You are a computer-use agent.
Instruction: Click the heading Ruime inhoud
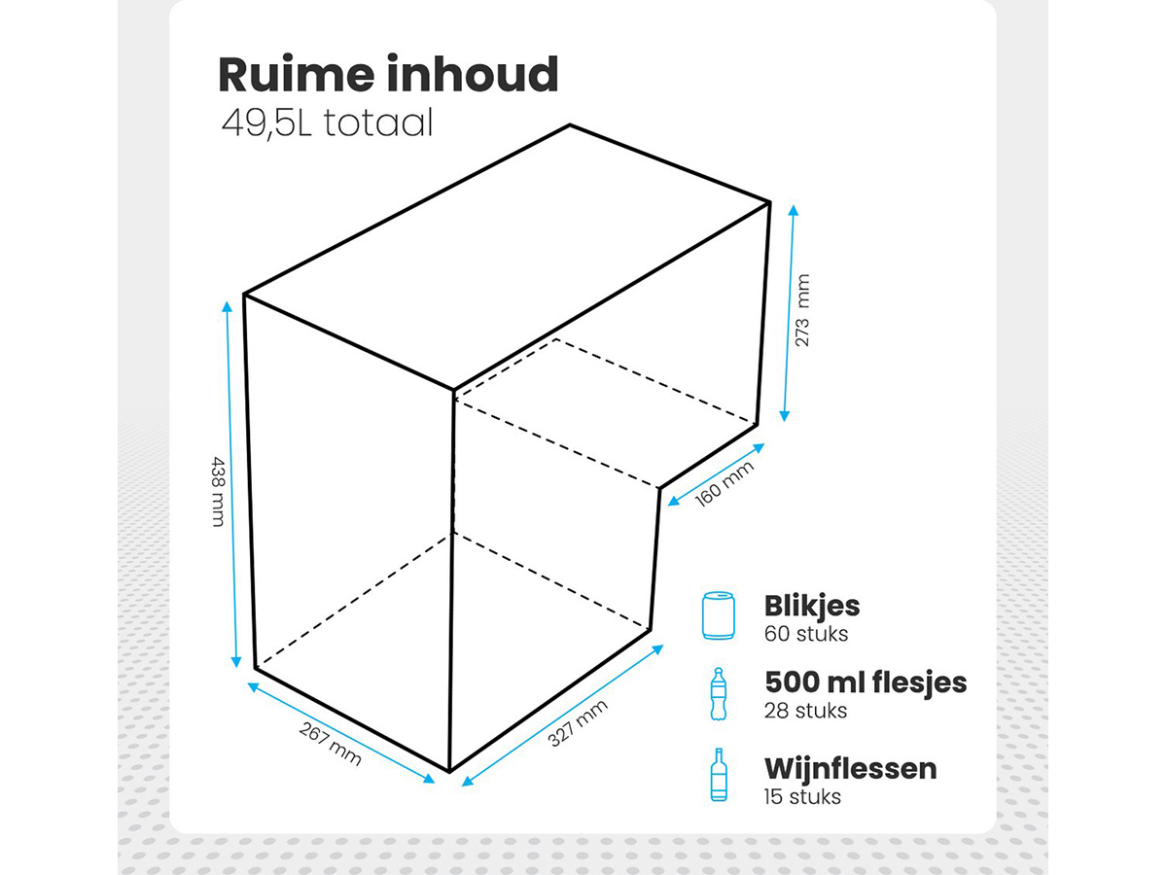tap(388, 75)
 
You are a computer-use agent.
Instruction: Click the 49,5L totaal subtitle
tap(327, 123)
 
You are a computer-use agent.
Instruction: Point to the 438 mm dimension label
tap(219, 491)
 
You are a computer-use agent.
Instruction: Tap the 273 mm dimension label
tap(801, 310)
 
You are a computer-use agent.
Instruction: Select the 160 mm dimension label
tap(725, 483)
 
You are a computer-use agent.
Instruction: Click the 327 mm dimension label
tap(578, 723)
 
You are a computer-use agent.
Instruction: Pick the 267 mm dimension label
tap(330, 744)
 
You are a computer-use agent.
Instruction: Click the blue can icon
tap(718, 615)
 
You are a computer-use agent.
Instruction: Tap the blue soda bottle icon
tap(719, 694)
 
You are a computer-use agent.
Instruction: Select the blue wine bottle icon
tap(719, 775)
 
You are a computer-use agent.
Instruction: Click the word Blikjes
tap(812, 606)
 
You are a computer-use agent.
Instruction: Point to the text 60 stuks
tap(806, 634)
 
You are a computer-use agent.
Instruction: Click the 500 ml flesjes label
tap(866, 682)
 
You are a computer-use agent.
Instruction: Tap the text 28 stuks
tap(805, 711)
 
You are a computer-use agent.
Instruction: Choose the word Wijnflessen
tap(851, 768)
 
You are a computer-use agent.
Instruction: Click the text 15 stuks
tap(802, 797)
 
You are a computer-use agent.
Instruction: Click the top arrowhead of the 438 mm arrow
tap(227, 306)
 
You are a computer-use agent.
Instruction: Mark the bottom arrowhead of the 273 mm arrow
tap(785, 416)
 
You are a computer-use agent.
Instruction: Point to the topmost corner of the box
tap(570, 124)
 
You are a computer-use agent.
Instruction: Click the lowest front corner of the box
tap(450, 771)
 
